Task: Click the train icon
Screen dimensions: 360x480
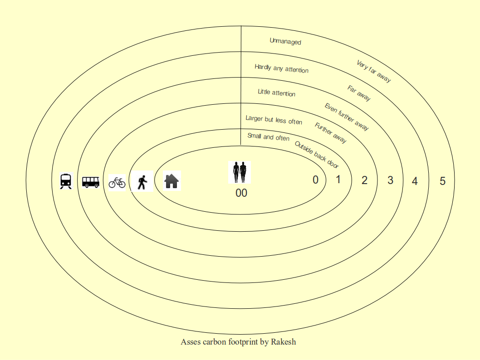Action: pos(66,181)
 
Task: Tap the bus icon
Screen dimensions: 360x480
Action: pos(90,182)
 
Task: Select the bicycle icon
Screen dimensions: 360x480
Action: pos(117,182)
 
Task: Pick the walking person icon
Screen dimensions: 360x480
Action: pos(142,182)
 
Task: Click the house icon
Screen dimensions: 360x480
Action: pos(171,181)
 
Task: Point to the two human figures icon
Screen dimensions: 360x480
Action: pos(240,172)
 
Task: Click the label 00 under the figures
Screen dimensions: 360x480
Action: pos(241,193)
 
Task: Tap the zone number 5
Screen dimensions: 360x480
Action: pos(442,181)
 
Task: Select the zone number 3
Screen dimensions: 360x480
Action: pos(390,180)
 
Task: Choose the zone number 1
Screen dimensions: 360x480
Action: pos(338,180)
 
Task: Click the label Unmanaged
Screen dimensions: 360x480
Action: pos(285,41)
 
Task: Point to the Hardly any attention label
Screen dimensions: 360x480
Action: pos(281,68)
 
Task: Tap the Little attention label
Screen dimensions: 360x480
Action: pos(276,92)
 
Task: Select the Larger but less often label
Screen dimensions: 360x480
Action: pos(274,120)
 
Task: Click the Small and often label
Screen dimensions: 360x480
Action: pos(268,137)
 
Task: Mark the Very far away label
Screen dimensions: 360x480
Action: pos(373,71)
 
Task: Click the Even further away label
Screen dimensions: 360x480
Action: pos(347,117)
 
